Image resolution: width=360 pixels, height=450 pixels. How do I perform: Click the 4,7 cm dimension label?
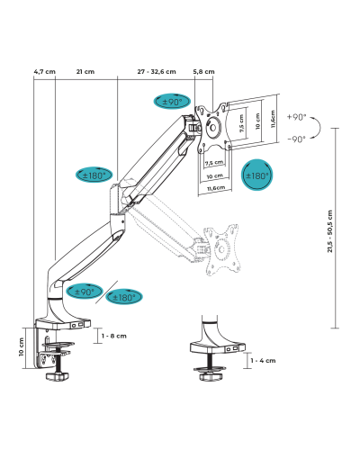point(44,72)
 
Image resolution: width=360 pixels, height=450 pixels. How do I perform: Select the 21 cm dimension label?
point(85,72)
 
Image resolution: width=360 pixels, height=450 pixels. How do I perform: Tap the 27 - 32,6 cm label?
point(157,72)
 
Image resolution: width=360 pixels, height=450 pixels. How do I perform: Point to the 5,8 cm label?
point(203,72)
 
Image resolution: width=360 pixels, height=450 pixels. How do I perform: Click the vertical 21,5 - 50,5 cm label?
point(330,231)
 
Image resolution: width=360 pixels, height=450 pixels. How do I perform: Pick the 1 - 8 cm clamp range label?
point(114,336)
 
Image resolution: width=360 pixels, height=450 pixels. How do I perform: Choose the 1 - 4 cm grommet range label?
point(263,361)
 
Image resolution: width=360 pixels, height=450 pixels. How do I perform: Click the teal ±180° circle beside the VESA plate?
point(257,175)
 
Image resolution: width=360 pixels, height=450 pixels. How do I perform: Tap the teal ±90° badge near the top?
point(172,102)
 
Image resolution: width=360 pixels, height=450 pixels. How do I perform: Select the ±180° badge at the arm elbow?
point(94,175)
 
